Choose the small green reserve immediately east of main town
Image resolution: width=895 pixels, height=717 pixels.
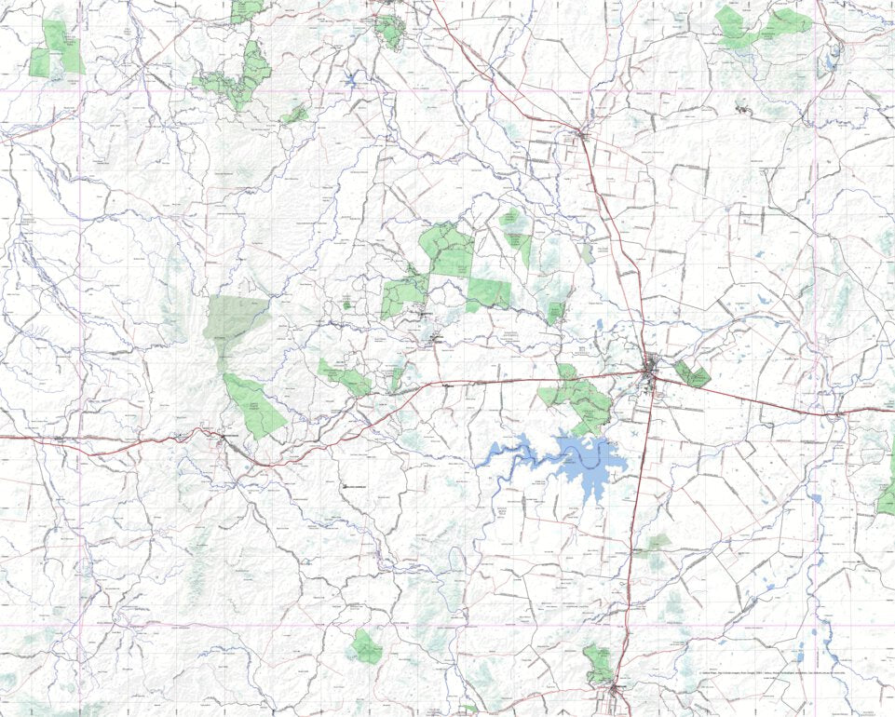[692, 374]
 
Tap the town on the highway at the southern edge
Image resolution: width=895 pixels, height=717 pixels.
[616, 690]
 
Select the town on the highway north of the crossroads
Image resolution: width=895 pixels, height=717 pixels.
[581, 135]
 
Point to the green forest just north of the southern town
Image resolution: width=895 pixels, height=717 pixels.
[599, 664]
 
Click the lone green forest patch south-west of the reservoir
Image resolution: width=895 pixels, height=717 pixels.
[366, 646]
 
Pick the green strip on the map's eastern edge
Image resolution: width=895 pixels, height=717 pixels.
[886, 498]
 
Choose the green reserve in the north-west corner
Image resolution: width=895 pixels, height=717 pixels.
[56, 52]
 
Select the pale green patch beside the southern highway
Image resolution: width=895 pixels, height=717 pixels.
[657, 543]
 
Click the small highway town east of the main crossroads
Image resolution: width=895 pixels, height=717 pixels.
[837, 412]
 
